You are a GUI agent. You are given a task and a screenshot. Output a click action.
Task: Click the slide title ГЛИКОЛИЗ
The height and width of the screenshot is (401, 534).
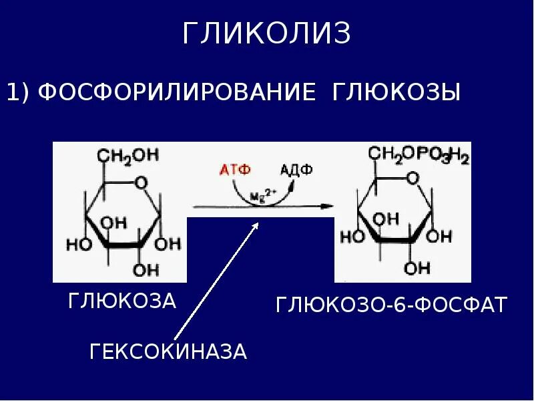(266, 34)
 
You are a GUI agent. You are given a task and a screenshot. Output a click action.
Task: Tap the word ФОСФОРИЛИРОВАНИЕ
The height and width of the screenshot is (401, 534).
(176, 92)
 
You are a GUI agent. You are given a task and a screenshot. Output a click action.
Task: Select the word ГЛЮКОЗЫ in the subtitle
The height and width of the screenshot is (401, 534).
(396, 92)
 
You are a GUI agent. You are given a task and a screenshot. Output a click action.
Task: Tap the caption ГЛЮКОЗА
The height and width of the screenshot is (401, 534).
(122, 301)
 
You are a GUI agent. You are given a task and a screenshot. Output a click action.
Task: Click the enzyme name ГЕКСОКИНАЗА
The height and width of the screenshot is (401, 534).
(168, 352)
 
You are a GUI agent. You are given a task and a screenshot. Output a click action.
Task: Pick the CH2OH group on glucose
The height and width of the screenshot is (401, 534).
(129, 155)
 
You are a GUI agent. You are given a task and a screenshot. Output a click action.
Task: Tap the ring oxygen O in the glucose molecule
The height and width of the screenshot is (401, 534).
(140, 181)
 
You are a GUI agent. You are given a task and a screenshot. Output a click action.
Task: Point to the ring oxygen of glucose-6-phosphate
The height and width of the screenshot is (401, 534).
(413, 178)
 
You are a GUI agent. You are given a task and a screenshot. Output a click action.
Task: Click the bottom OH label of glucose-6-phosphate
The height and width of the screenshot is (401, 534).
(418, 268)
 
